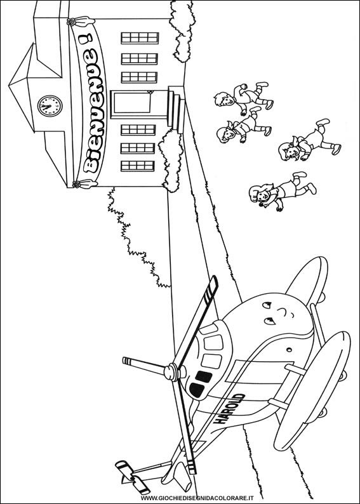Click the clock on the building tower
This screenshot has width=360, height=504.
click(x=50, y=106)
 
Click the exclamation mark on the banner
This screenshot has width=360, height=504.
click(x=85, y=39)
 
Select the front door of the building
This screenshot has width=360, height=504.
click(x=131, y=103)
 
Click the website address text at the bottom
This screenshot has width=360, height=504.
click(x=197, y=498)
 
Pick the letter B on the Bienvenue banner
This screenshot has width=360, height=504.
click(x=91, y=164)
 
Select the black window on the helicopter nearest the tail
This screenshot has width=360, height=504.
click(x=196, y=390)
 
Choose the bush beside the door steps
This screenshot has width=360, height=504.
click(x=171, y=161)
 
